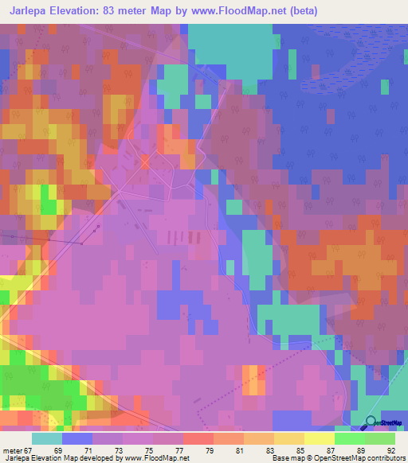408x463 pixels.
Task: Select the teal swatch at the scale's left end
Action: pyautogui.click(x=47, y=439)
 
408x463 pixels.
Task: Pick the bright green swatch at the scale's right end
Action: pyautogui.click(x=380, y=439)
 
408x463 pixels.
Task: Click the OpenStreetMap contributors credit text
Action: pyautogui.click(x=363, y=458)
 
